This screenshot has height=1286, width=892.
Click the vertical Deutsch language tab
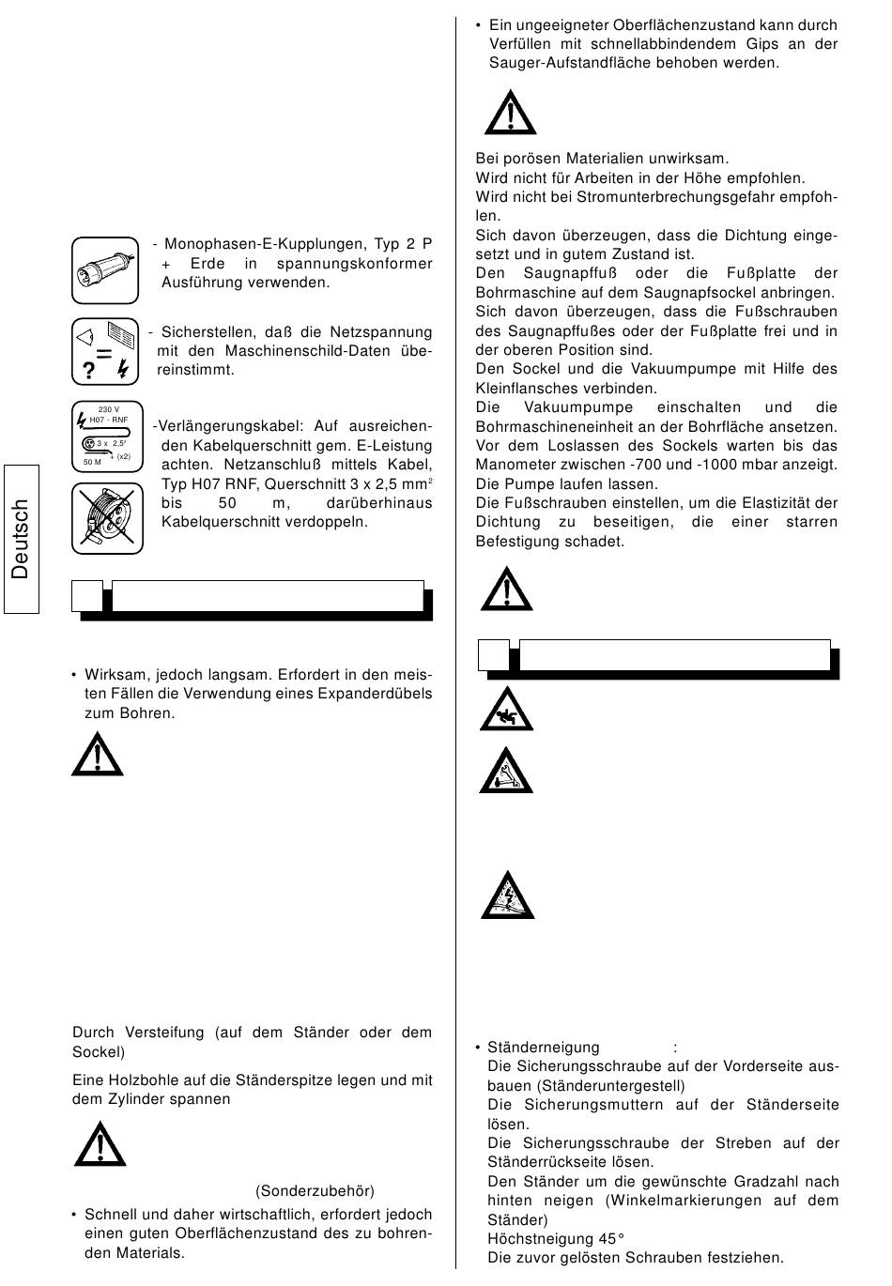(21, 539)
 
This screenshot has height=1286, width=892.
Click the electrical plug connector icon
(104, 270)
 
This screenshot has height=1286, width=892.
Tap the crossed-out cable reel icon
(106, 518)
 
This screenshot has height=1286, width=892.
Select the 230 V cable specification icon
(106, 436)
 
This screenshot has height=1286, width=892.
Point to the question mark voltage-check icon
(104, 352)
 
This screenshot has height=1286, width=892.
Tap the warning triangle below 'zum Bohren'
(97, 755)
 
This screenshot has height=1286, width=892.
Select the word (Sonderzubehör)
(315, 1191)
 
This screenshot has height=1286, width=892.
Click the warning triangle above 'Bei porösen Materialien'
(510, 114)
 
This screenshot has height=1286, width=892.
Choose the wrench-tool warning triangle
(506, 773)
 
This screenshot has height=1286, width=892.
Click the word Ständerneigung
(543, 1048)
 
